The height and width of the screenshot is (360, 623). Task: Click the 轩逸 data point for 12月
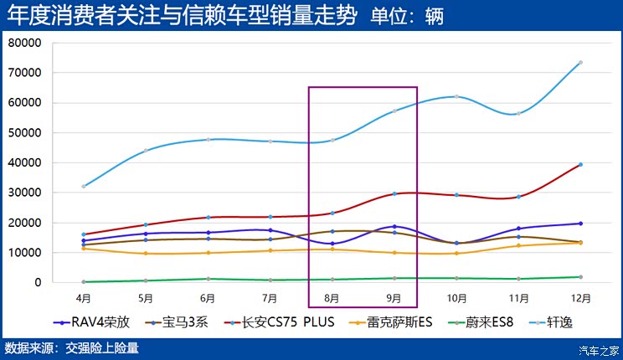(x=579, y=63)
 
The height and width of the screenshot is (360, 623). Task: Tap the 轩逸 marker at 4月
(x=84, y=186)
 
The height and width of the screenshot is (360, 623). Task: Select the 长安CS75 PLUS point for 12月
(x=579, y=164)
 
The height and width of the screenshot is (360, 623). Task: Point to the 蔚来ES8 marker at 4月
(x=84, y=281)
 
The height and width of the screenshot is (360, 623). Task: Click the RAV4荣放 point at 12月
(x=579, y=224)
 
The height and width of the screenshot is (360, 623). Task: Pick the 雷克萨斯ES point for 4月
(x=84, y=248)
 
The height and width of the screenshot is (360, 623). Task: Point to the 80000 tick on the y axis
(x=24, y=43)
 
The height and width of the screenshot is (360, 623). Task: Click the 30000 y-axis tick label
(x=24, y=193)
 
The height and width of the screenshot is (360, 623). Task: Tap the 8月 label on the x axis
(x=332, y=297)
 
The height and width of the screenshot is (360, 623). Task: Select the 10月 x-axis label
(x=456, y=297)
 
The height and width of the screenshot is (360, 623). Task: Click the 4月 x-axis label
(x=84, y=297)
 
